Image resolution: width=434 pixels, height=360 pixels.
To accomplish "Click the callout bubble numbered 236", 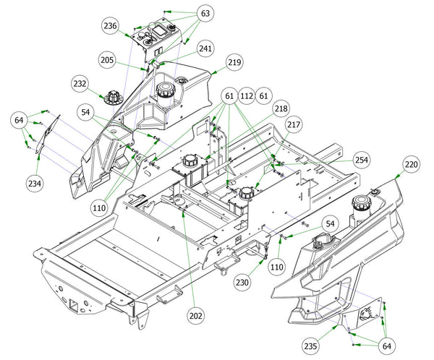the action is (111, 26).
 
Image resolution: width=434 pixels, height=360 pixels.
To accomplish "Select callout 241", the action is (205, 48).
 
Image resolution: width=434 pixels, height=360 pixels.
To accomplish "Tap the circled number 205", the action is (107, 60).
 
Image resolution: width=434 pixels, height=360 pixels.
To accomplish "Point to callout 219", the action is (234, 62).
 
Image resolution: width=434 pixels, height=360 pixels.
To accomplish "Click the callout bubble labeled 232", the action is (80, 84).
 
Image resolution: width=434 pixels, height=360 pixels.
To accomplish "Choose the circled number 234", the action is (35, 183).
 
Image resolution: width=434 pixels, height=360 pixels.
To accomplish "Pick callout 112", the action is (247, 96).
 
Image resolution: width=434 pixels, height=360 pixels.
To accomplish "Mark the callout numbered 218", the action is (281, 108).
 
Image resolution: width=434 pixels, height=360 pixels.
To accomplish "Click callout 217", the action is (294, 124).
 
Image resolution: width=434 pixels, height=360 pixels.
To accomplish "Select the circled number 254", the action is (362, 160).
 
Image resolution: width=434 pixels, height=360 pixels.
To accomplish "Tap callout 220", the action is (411, 164).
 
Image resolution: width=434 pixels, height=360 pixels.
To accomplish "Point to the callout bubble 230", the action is (242, 282).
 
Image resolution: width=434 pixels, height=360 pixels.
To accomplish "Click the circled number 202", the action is (196, 316).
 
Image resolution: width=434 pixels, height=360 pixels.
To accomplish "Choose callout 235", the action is (310, 346).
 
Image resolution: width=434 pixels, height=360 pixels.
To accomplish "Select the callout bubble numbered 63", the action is (205, 13).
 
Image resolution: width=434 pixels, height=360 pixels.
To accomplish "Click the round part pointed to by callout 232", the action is (114, 97).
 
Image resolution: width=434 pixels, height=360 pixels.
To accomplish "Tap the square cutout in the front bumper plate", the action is (75, 304).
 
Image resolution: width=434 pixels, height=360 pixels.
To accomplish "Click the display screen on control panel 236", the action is (160, 30).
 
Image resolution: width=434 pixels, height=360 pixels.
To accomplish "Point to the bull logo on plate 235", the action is (368, 313).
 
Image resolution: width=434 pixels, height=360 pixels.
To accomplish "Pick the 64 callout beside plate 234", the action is (19, 121).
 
